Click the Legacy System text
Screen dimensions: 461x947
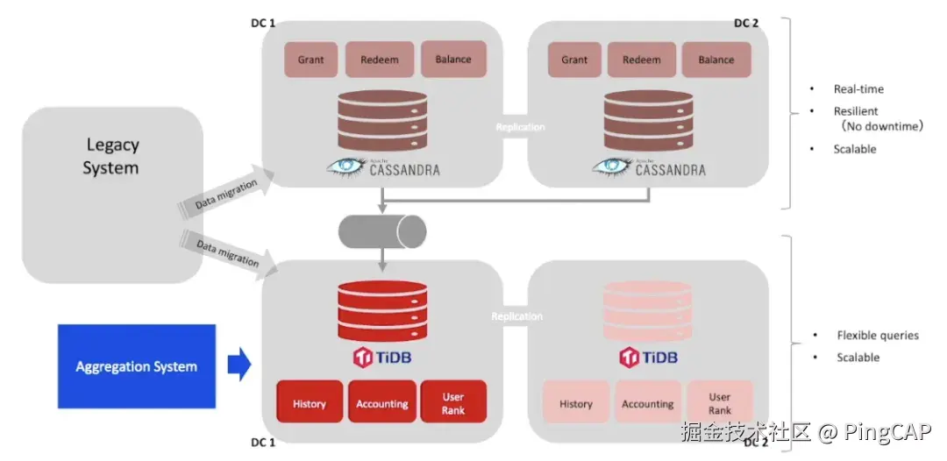[x=111, y=156]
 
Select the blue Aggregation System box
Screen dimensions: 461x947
[x=136, y=366]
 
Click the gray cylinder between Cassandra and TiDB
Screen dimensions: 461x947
[x=382, y=231]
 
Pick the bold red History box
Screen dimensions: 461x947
[x=310, y=404]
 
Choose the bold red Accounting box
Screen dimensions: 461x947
[x=381, y=404]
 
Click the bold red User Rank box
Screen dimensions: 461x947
[x=453, y=404]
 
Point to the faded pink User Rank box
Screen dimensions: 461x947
[x=719, y=404]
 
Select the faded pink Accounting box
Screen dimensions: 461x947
[x=647, y=404]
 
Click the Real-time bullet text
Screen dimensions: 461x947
[x=858, y=89]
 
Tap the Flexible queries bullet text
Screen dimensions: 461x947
[x=878, y=336]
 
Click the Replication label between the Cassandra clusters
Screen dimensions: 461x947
[x=520, y=127]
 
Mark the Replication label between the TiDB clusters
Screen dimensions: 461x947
[x=516, y=316]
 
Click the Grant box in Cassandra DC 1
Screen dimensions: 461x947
[x=310, y=60]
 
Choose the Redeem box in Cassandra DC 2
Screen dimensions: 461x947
[x=642, y=60]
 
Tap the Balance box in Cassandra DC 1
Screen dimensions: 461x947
[x=453, y=60]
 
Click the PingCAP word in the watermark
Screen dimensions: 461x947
[x=887, y=432]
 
